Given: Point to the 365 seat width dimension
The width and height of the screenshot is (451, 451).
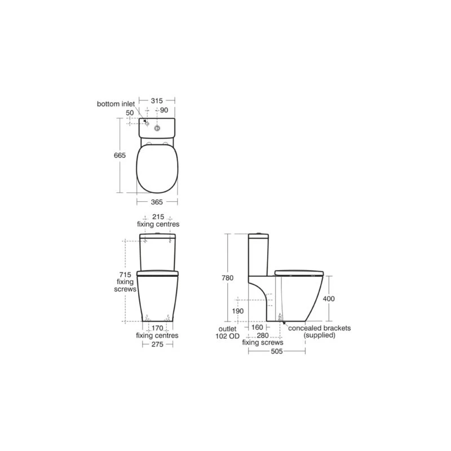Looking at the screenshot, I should [157, 201].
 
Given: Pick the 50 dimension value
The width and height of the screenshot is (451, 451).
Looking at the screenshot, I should [130, 113].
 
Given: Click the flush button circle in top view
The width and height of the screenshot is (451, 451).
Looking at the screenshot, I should [158, 129].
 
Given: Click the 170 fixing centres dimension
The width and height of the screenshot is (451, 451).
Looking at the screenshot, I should [157, 328].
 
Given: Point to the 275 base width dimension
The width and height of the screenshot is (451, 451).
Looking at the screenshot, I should [157, 344].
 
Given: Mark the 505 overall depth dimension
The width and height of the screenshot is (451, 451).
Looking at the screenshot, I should [277, 350].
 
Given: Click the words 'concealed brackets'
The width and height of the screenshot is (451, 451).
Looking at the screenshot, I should [320, 328].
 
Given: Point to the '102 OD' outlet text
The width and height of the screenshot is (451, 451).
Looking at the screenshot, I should [228, 335].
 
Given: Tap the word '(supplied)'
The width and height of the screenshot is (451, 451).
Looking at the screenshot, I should [320, 335].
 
